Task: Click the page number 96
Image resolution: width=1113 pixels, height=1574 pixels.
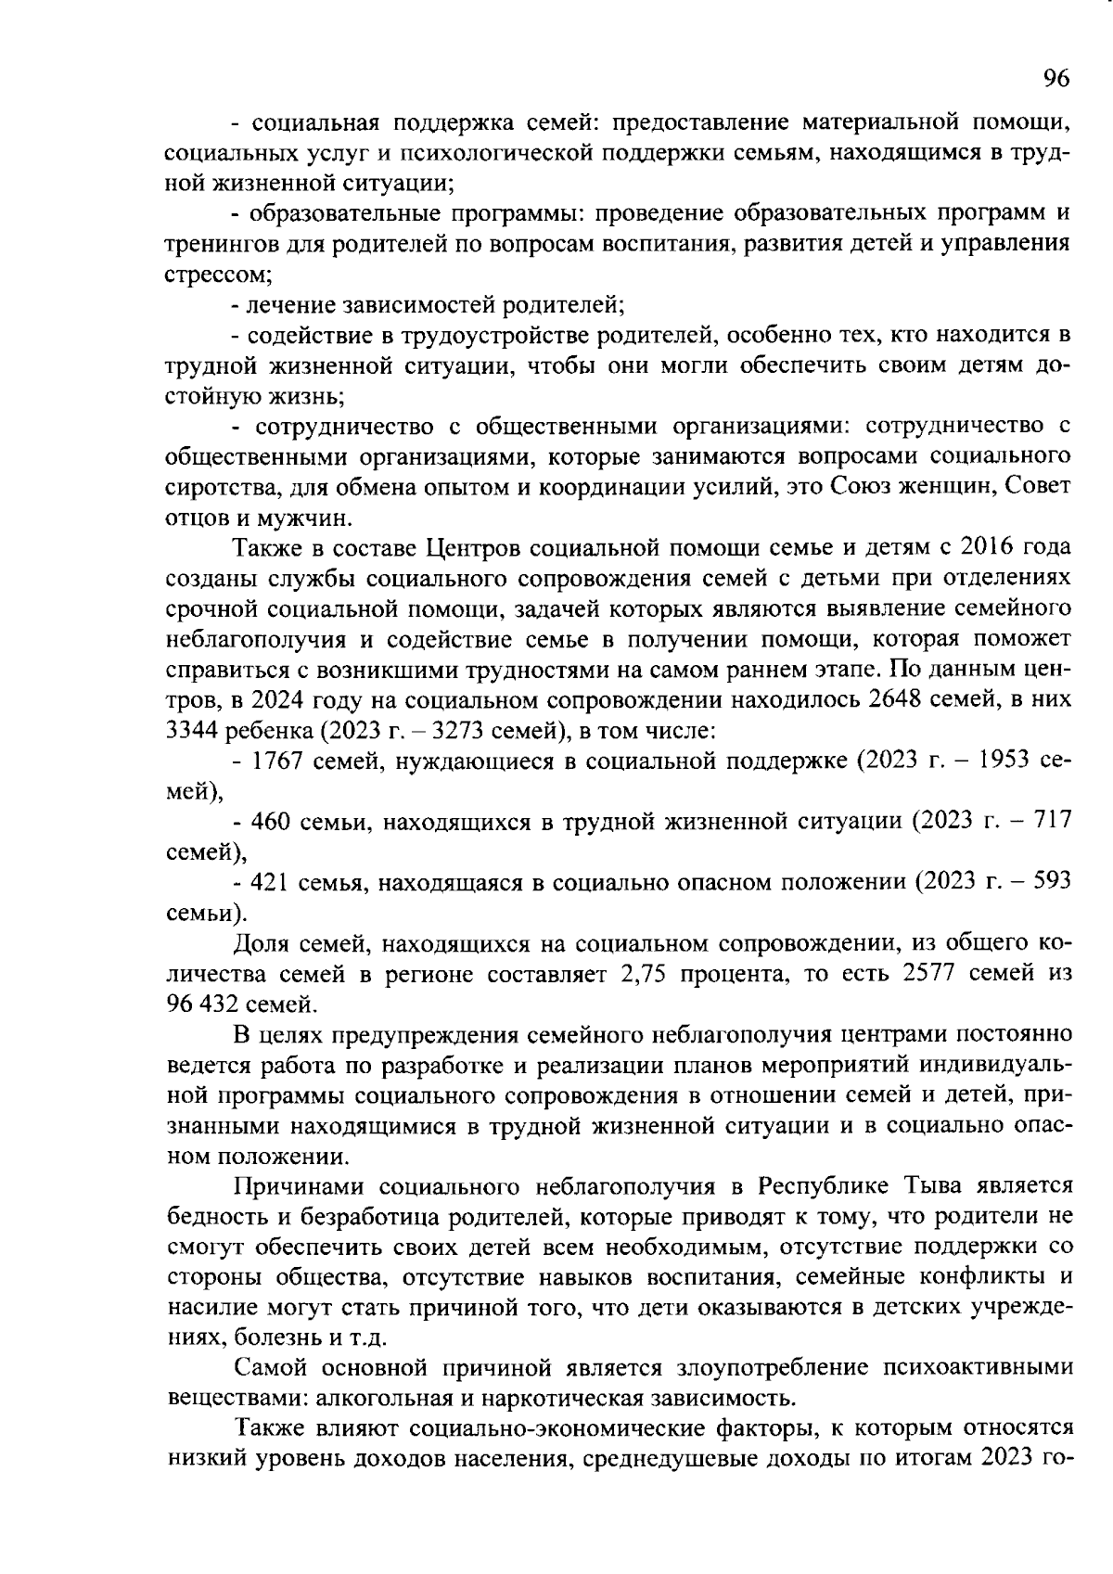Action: [x=1055, y=79]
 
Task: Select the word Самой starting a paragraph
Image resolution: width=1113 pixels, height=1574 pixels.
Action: [x=269, y=1368]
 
